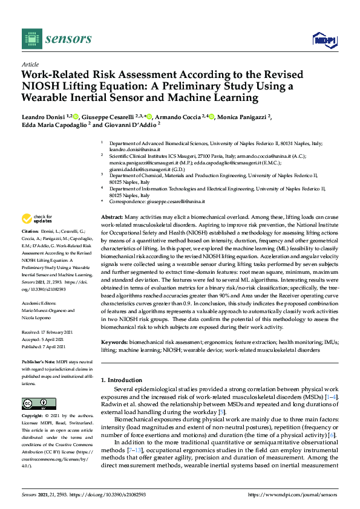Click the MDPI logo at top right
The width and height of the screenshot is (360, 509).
324,40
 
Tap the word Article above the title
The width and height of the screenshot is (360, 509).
30,64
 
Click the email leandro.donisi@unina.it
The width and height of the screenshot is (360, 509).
131,149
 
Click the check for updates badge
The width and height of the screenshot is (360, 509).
38,219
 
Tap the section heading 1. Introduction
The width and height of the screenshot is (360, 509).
124,380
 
